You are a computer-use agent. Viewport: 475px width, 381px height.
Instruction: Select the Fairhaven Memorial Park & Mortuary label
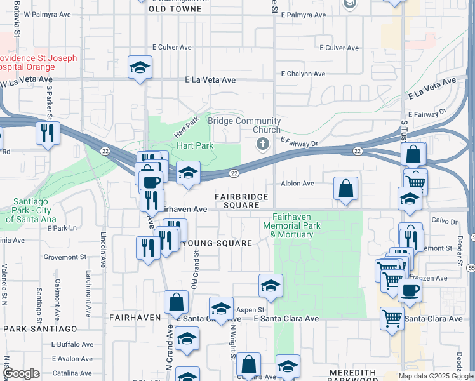click(293, 230)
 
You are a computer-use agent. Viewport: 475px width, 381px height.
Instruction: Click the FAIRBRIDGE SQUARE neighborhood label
click(241, 201)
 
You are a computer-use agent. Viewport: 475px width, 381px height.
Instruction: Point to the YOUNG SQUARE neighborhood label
click(217, 243)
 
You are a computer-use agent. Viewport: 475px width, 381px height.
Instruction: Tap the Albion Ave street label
click(298, 184)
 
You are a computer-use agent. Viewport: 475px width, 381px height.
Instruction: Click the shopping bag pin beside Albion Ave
click(345, 189)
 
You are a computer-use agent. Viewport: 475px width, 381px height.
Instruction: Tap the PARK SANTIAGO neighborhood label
click(40, 328)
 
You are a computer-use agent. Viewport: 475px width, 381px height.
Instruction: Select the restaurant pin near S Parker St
click(47, 133)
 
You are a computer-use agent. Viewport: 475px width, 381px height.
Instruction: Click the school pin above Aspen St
click(271, 286)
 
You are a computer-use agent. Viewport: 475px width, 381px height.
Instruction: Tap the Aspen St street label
click(249, 309)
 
